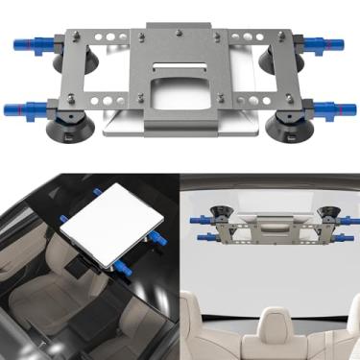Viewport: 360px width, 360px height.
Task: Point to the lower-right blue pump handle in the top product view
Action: pyautogui.click(x=331, y=108)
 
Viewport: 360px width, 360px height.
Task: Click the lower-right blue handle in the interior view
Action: pyautogui.click(x=346, y=234)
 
